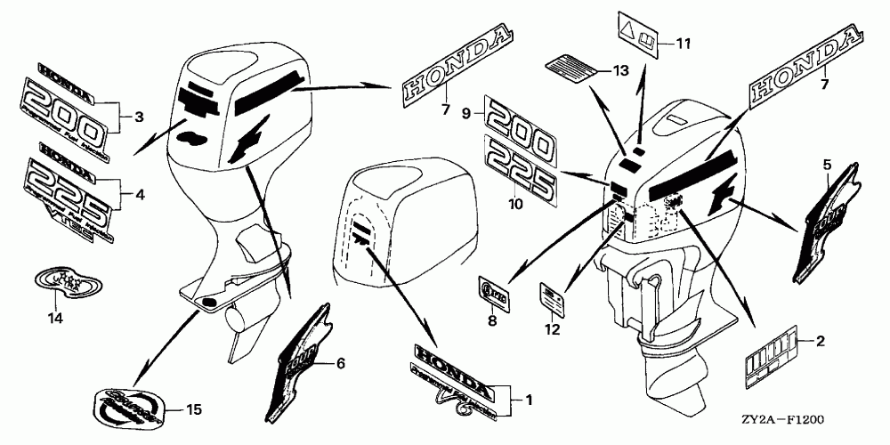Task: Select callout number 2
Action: [x=820, y=341]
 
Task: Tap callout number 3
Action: [x=138, y=117]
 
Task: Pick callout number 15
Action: [x=195, y=410]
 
